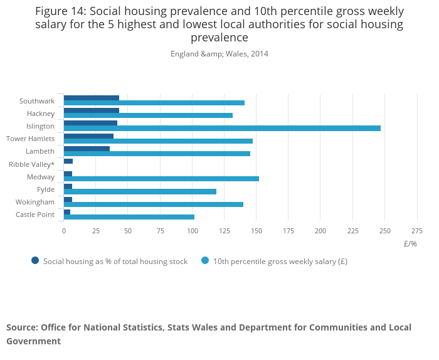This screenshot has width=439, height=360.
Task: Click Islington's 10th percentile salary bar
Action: pos(222,129)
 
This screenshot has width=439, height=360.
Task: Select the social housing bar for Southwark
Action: pos(92,98)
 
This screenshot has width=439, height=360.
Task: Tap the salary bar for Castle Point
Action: pos(129,217)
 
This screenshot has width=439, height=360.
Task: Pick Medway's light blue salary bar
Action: pos(161,179)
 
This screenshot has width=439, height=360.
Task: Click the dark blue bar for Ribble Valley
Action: pos(68,161)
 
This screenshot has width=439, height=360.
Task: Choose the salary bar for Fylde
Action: pos(140,191)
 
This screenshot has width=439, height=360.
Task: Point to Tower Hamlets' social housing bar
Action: pos(88,136)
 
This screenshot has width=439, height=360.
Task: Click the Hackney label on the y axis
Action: pos(41,114)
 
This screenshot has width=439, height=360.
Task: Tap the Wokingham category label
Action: pos(35,202)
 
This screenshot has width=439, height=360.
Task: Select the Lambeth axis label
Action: pos(40,151)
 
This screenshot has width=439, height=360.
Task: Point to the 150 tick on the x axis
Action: pos(257,231)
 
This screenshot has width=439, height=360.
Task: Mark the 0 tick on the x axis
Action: pos(63,231)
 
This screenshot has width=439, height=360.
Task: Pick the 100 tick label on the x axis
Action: pos(192,231)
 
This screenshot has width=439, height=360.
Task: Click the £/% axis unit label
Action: pos(410,243)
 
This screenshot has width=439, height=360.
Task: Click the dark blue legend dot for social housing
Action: pos(35,261)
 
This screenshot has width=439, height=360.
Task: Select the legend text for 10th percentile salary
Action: pos(280,262)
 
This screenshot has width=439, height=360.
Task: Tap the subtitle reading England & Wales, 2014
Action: pos(219,54)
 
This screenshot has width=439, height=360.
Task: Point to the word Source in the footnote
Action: pos(21,327)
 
